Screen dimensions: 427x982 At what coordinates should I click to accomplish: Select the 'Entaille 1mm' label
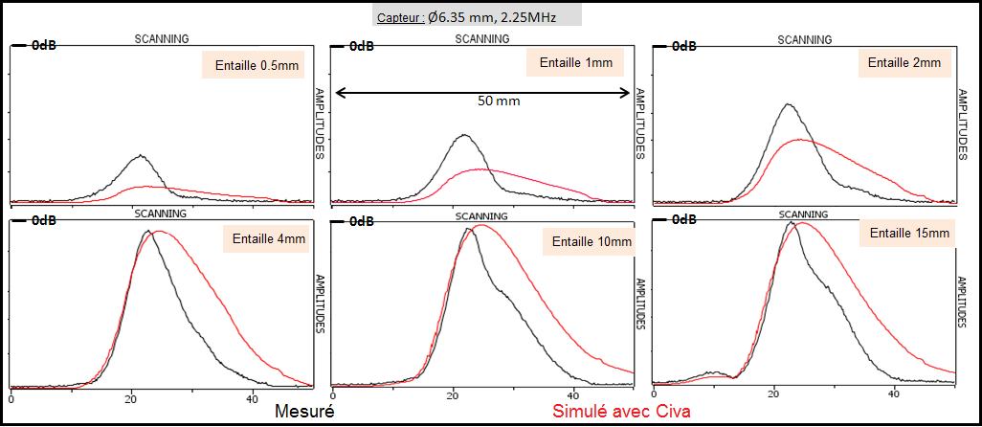tap(575, 63)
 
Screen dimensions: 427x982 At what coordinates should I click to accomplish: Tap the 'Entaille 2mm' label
tap(904, 63)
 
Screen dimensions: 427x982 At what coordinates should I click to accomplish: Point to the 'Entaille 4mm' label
tap(265, 239)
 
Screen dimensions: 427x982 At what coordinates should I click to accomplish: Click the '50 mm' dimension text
tap(498, 100)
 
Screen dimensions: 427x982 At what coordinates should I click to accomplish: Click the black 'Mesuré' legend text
tap(305, 412)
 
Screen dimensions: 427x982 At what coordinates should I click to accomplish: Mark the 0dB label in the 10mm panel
tap(363, 221)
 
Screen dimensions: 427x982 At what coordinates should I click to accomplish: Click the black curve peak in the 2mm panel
tap(787, 104)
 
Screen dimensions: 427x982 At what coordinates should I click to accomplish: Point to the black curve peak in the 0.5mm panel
tap(140, 155)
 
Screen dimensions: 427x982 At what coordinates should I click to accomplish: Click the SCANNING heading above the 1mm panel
tap(482, 39)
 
